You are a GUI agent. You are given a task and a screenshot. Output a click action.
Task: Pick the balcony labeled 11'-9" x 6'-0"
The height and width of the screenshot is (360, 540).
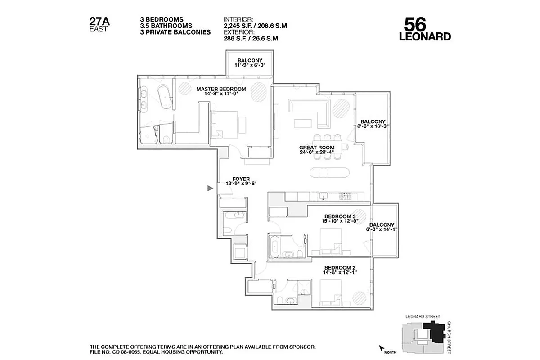pyautogui.click(x=250, y=63)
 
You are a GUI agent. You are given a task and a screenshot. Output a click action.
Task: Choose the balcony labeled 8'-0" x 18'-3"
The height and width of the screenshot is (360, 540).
pyautogui.click(x=372, y=124)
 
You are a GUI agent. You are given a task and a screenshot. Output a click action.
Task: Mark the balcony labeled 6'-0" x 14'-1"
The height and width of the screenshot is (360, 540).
pyautogui.click(x=382, y=227)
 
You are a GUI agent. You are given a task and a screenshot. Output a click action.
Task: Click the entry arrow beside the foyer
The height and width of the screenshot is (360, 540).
pyautogui.click(x=209, y=189)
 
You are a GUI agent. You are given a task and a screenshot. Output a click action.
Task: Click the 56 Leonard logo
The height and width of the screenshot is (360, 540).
pyautogui.click(x=425, y=29)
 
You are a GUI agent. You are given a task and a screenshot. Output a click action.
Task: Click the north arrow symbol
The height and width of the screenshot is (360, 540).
pyautogui.click(x=382, y=348)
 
